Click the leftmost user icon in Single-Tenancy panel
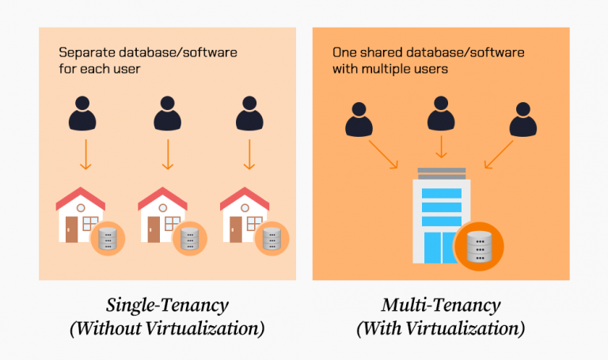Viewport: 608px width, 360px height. (x=85, y=115)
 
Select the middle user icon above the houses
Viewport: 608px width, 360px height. (x=166, y=115)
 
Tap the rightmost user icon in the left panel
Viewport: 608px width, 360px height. (x=249, y=115)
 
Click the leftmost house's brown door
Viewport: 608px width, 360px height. (x=71, y=229)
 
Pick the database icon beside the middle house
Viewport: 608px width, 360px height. (x=188, y=238)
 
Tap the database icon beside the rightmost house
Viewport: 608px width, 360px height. (x=271, y=238)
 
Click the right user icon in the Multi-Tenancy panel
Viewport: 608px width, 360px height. (x=522, y=120)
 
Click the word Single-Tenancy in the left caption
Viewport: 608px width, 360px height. (x=166, y=305)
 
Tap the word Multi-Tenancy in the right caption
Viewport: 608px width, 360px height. (x=441, y=305)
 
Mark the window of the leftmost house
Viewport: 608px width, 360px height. (x=91, y=222)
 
